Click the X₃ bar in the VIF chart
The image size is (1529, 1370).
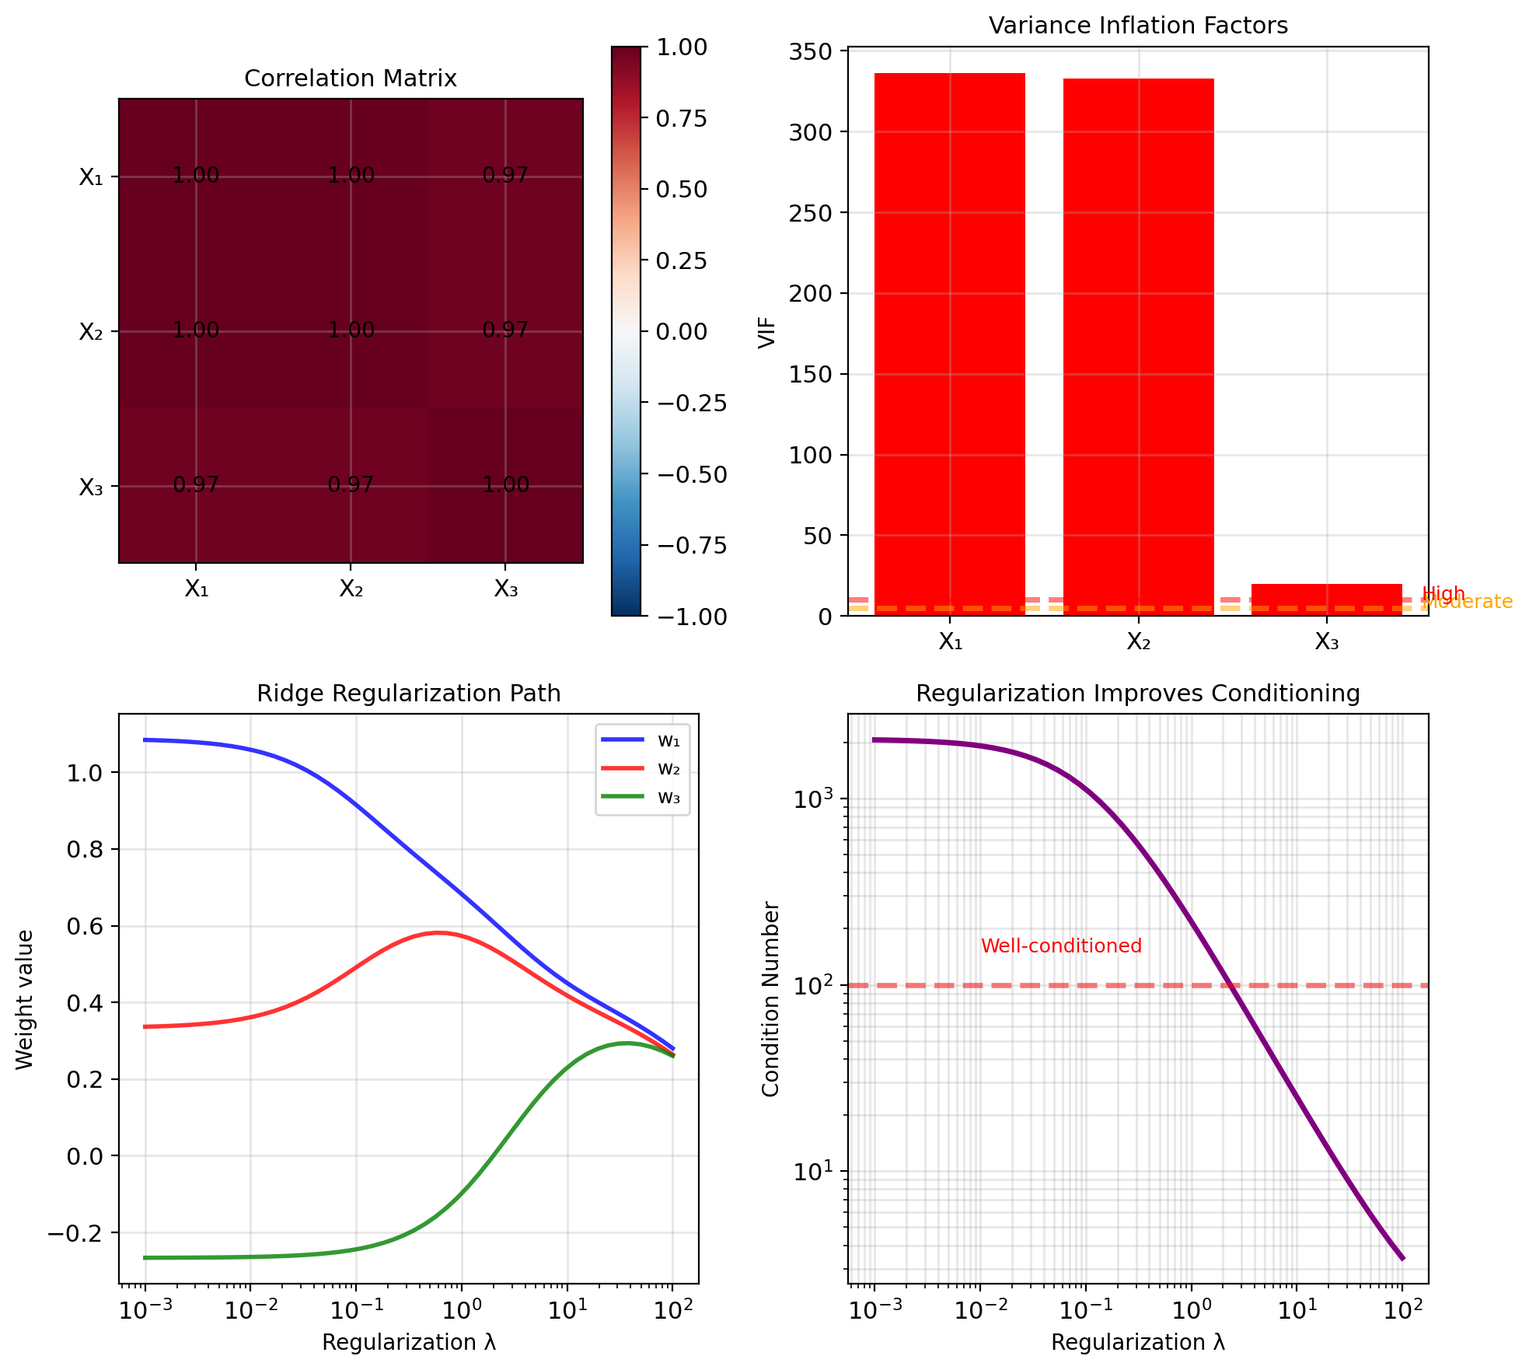click(x=1326, y=599)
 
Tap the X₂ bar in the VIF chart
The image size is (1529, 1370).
click(x=1138, y=347)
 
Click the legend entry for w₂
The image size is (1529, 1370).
click(x=643, y=768)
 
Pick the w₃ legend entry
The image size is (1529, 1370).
click(x=643, y=797)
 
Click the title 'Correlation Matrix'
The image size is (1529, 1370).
click(x=351, y=79)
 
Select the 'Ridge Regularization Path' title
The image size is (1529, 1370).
click(x=409, y=693)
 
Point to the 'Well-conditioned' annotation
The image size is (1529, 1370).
click(x=1061, y=946)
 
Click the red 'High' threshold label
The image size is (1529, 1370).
click(x=1443, y=594)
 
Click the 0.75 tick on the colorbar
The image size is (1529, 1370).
click(x=682, y=118)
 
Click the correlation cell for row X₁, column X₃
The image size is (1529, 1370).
click(x=505, y=176)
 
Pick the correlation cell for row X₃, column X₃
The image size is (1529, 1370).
click(x=505, y=485)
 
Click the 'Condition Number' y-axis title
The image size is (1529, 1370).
click(x=771, y=999)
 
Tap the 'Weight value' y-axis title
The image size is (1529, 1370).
click(x=25, y=999)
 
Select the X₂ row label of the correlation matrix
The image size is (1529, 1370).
click(x=91, y=332)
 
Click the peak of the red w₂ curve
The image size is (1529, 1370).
click(x=437, y=932)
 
